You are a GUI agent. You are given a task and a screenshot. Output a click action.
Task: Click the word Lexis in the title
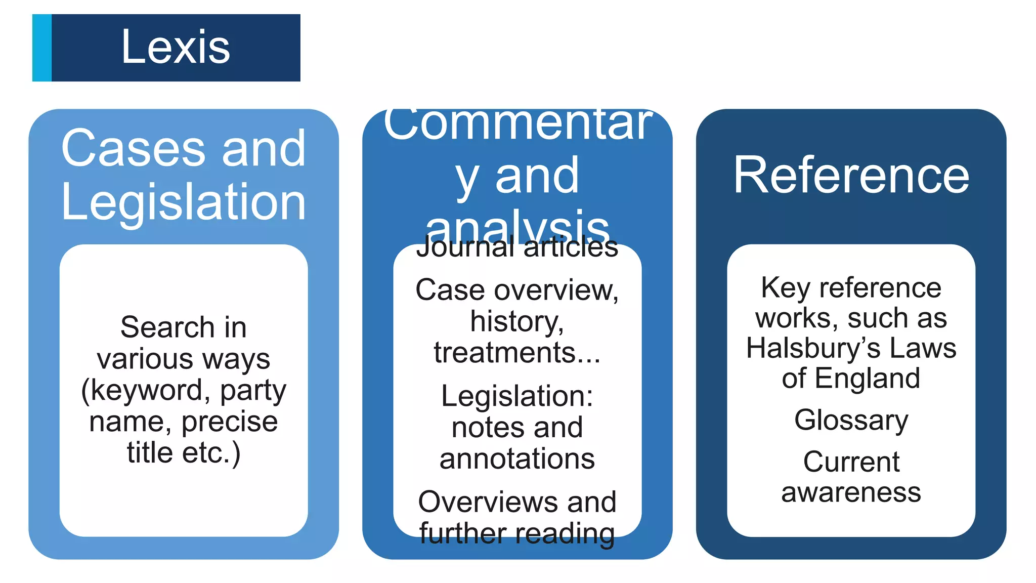pos(176,47)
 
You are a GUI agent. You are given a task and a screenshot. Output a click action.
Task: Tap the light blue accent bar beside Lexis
pos(42,48)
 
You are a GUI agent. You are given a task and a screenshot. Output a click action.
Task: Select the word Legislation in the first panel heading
pos(184,202)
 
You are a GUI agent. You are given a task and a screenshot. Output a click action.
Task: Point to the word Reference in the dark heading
pos(851,175)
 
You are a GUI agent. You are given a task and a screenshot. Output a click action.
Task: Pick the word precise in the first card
pos(230,422)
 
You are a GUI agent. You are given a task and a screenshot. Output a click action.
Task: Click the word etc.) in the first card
pos(211,452)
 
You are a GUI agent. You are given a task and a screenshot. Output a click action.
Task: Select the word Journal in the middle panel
pos(465,247)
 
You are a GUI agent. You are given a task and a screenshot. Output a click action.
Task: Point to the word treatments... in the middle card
pos(517,353)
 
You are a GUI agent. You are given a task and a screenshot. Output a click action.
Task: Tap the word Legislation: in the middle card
pos(517,396)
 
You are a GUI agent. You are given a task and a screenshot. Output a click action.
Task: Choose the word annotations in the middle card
pos(517,459)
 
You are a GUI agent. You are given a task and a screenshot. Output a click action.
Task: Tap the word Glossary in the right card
pos(851,420)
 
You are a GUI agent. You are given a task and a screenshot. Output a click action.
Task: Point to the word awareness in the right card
pos(851,492)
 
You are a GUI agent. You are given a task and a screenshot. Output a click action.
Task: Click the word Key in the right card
pos(786,288)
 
